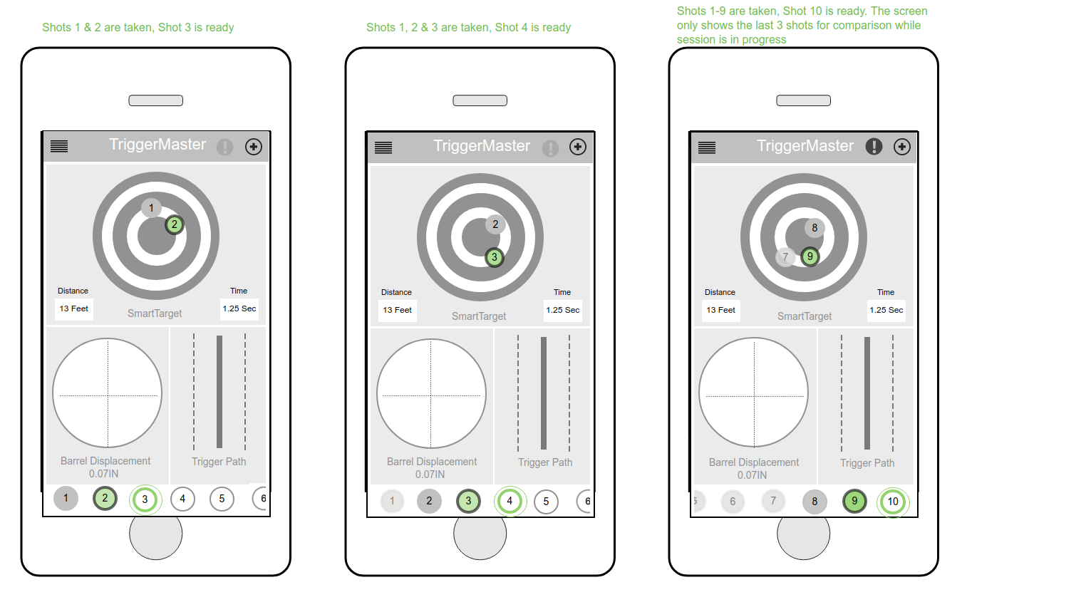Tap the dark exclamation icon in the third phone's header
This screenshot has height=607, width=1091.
pos(874,147)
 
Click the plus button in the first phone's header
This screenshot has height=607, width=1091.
pos(253,147)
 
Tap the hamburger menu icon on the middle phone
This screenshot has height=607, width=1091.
pos(383,147)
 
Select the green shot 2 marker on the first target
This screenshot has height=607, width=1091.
pos(175,225)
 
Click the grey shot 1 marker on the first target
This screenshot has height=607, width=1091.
pos(152,208)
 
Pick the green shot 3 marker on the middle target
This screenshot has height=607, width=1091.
pos(495,257)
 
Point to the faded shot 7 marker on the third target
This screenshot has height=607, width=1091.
pos(785,257)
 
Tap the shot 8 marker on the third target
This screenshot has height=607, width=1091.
pos(815,228)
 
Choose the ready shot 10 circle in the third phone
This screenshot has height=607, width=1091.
pos(893,502)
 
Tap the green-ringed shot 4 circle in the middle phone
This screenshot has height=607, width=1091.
pos(510,501)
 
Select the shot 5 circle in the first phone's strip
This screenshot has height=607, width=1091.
pos(222,499)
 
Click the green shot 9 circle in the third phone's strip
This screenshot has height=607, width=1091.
pos(854,502)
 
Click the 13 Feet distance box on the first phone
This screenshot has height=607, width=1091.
pos(73,308)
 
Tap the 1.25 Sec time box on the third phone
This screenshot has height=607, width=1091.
pos(886,310)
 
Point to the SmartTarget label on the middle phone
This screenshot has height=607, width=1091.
pos(479,316)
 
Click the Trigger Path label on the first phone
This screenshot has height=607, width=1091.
pos(219,462)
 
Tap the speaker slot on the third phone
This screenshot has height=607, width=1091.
pos(803,100)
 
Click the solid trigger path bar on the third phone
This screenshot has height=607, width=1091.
pos(867,393)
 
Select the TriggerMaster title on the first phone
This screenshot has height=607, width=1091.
pos(157,144)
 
